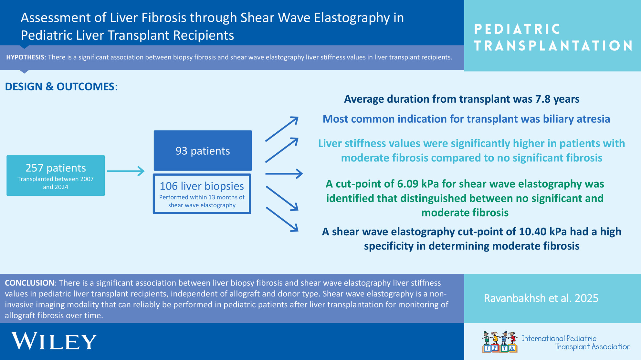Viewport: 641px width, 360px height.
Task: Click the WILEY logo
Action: click(x=54, y=341)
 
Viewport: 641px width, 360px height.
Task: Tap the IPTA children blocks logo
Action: click(x=499, y=342)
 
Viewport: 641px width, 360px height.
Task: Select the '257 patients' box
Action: click(x=56, y=175)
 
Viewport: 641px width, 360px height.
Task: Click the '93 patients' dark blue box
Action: click(x=203, y=150)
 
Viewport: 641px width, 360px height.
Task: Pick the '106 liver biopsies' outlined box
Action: click(x=202, y=194)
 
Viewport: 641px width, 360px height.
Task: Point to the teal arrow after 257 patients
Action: click(x=126, y=171)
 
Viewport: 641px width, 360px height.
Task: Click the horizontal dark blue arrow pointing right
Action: click(x=284, y=174)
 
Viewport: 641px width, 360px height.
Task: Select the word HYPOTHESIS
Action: click(x=25, y=57)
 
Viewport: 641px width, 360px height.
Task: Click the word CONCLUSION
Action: click(x=29, y=283)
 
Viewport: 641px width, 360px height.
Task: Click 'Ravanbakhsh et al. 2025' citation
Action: click(x=541, y=298)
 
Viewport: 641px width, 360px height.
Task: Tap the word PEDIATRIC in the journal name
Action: click(x=517, y=29)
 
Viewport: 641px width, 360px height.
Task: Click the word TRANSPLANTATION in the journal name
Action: click(x=553, y=46)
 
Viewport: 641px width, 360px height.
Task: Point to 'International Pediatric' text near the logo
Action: click(x=559, y=338)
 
